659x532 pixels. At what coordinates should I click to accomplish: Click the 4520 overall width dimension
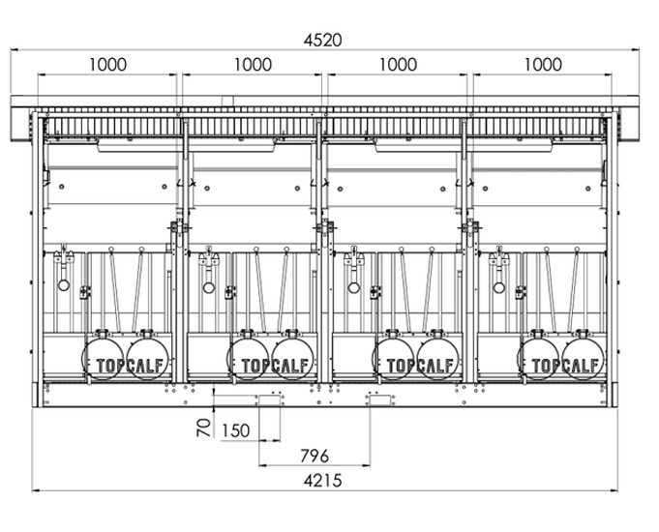tap(323, 40)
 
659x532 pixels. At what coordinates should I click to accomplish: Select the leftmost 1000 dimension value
tap(107, 65)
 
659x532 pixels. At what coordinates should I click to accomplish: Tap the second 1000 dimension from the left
tap(253, 65)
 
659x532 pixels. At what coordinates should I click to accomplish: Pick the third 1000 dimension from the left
tap(398, 65)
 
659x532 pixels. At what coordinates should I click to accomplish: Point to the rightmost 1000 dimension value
tap(543, 65)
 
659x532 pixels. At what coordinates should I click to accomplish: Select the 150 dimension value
tap(238, 429)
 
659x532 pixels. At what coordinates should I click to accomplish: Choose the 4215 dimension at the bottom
tap(323, 479)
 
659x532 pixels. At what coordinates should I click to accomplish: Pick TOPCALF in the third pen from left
tap(420, 366)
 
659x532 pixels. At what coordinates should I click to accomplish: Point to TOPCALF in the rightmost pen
tap(565, 366)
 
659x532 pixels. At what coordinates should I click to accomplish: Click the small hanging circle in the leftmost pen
tap(63, 286)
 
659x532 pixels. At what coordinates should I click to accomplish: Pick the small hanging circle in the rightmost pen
tap(498, 286)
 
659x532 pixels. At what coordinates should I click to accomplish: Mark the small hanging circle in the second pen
tap(208, 286)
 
